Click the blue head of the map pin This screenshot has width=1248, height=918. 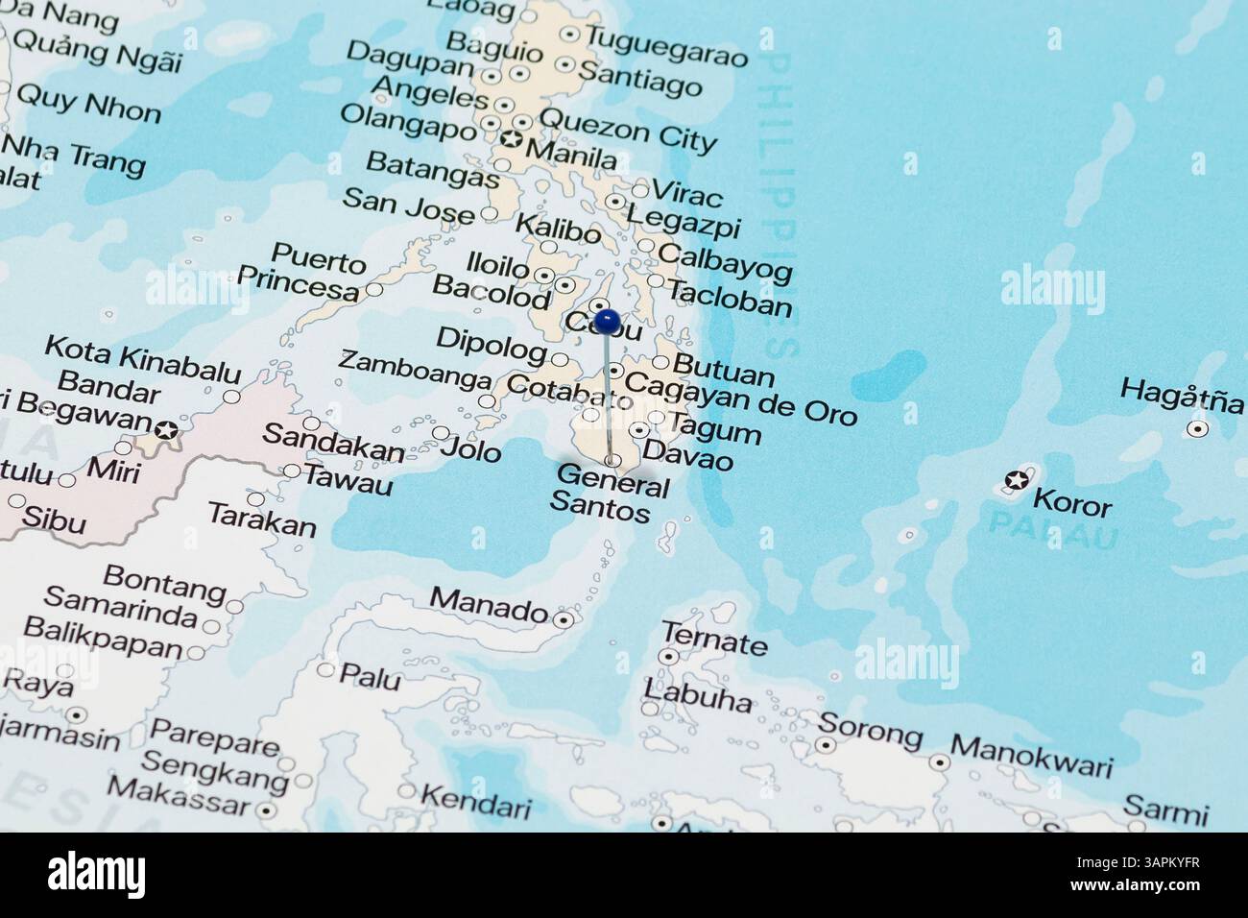(606, 320)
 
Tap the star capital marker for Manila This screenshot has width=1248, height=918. (512, 141)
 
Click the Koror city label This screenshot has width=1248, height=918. (1071, 503)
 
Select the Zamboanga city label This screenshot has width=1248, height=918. (415, 370)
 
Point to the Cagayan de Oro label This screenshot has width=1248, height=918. (740, 398)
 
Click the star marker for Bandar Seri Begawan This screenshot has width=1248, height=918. (167, 431)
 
